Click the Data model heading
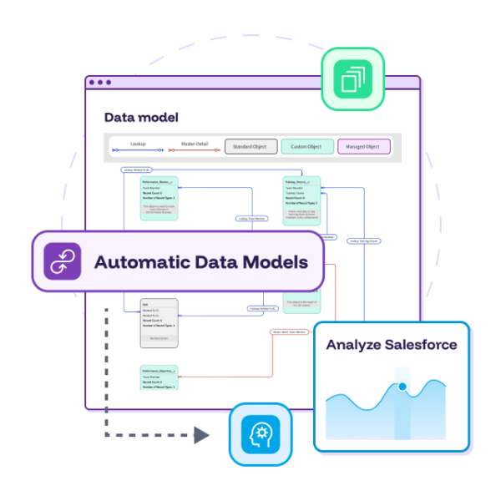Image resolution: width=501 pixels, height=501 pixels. tap(141, 118)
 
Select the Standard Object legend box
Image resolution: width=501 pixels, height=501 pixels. tap(250, 146)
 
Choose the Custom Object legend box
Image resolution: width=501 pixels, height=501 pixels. tap(306, 146)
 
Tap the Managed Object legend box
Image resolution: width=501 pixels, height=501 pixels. tap(363, 146)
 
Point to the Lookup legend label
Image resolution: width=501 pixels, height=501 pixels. tap(138, 144)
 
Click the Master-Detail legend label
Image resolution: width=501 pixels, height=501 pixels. tap(195, 144)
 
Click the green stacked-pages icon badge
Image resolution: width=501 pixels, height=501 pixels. tap(352, 78)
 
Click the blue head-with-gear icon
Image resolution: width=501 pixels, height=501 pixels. tap(260, 434)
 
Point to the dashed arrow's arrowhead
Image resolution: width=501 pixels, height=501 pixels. tap(202, 434)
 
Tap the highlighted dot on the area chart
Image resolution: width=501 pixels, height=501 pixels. tap(402, 387)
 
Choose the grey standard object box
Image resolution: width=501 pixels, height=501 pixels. tap(159, 322)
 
